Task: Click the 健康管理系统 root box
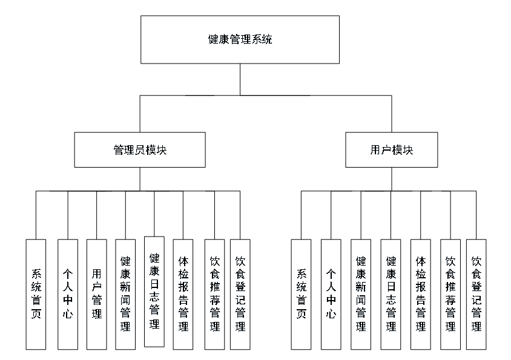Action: pos(240,40)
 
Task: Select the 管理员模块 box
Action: pos(140,150)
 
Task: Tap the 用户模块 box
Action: pos(391,150)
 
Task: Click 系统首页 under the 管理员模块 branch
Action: pos(36,294)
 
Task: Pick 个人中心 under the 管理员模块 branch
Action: pos(68,294)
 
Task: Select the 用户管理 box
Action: pos(96,294)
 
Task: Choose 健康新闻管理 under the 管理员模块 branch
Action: pos(125,294)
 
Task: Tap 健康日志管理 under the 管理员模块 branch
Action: pos(154,291)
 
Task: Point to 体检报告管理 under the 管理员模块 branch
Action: pos(183,294)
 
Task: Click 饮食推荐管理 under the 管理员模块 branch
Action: pos(214,294)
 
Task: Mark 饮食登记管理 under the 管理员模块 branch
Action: pos(240,294)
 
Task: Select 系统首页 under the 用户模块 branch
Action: pos(301,294)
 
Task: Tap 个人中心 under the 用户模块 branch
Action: pos(331,294)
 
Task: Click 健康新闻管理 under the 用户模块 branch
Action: pos(360,294)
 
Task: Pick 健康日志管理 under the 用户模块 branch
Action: pos(391,294)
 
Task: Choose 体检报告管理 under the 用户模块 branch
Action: pos(420,294)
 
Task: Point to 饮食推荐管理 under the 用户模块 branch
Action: pos(450,294)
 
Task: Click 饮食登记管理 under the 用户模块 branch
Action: pos(476,294)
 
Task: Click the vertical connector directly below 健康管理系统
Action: pos(240,79)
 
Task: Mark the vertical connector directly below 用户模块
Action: pos(391,179)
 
